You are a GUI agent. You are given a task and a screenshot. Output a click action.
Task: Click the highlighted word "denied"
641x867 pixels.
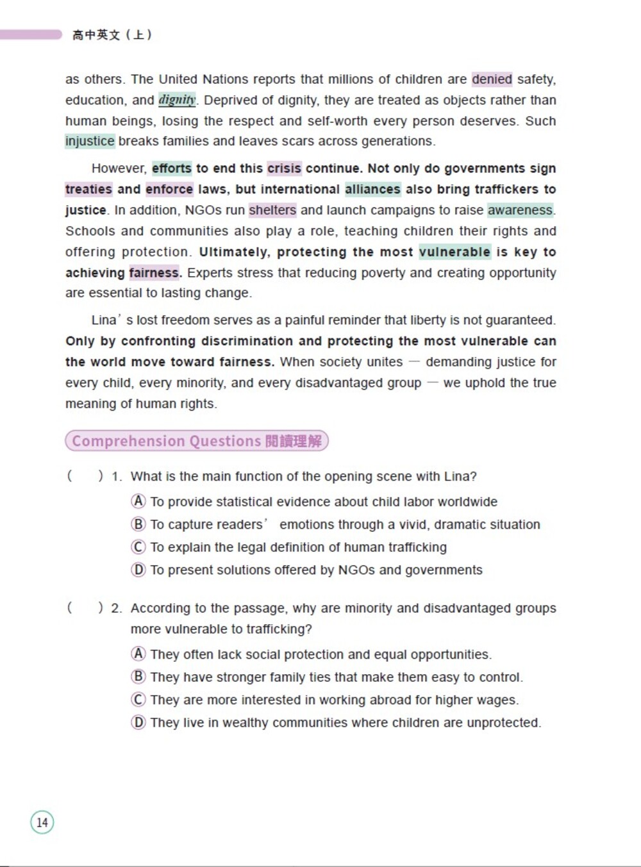tap(492, 79)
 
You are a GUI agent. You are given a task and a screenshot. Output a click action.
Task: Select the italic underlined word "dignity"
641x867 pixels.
tap(177, 100)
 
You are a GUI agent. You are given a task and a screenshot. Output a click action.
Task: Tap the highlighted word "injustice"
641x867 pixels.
tap(90, 141)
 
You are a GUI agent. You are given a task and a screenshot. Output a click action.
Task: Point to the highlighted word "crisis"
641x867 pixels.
tap(284, 169)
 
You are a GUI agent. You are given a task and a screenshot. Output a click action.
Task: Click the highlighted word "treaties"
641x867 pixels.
tap(88, 189)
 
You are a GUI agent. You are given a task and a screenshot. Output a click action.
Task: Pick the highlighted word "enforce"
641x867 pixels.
tap(169, 189)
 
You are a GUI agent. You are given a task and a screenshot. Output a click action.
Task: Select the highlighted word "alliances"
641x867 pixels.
tap(372, 189)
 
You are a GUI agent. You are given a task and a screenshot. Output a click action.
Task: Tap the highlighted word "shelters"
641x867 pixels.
tap(272, 210)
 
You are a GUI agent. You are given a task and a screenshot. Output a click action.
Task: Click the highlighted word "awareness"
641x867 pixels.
tap(520, 210)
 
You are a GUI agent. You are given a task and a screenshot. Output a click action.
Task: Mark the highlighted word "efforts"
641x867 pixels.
tap(172, 169)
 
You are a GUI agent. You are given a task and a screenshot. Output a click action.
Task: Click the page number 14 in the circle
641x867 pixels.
tap(42, 822)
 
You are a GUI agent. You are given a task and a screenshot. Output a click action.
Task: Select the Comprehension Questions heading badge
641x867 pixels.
tap(197, 441)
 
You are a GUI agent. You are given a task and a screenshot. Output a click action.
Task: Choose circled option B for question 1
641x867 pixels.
tap(138, 524)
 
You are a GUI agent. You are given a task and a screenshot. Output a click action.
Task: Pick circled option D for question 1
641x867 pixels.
tap(138, 570)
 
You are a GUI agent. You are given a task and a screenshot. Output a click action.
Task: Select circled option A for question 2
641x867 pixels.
tap(138, 654)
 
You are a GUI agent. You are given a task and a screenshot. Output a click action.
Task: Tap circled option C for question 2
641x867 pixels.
tap(138, 700)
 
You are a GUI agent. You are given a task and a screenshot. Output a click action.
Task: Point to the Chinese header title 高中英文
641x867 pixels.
tap(96, 35)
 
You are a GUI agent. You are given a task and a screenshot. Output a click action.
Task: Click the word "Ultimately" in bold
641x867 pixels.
tap(235, 252)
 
